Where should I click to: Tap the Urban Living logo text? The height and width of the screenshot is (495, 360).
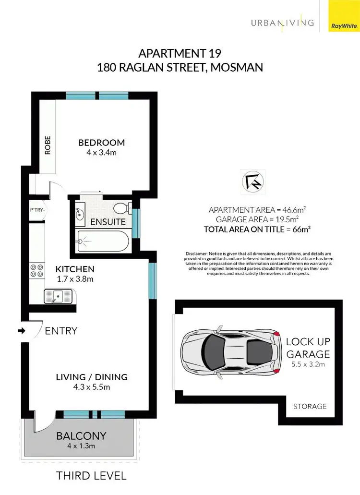pyautogui.click(x=282, y=23)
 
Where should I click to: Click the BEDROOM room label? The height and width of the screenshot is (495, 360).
pyautogui.click(x=101, y=143)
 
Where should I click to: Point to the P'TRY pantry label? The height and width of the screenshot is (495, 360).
pyautogui.click(x=37, y=210)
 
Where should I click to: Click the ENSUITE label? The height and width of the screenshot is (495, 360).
pyautogui.click(x=108, y=222)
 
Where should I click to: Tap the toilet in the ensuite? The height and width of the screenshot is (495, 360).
pyautogui.click(x=121, y=208)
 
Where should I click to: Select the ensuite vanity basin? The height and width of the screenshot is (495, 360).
pyautogui.click(x=80, y=212)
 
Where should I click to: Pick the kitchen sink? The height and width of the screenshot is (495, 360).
pyautogui.click(x=58, y=296)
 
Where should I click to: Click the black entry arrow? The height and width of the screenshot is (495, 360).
pyautogui.click(x=22, y=331)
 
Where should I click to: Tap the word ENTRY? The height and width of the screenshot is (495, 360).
pyautogui.click(x=61, y=331)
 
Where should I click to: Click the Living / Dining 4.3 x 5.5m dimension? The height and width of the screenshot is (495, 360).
pyautogui.click(x=91, y=386)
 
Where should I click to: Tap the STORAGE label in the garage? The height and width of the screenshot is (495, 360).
pyautogui.click(x=310, y=406)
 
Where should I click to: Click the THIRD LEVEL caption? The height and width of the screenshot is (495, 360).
pyautogui.click(x=91, y=476)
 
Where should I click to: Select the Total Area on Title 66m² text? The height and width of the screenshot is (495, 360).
pyautogui.click(x=257, y=229)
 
